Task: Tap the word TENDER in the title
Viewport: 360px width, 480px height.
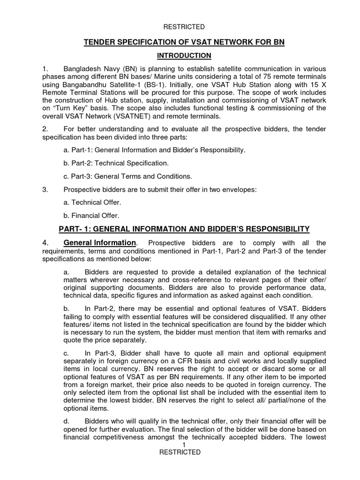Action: tap(99, 43)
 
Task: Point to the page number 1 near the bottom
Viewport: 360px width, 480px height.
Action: tap(185, 444)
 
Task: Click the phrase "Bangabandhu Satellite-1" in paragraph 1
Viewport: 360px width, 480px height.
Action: tap(99, 84)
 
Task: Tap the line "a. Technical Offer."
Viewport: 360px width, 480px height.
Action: tap(92, 202)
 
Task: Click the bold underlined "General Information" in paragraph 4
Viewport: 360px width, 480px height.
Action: tap(99, 243)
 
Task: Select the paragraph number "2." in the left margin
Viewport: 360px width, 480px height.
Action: tap(45, 129)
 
